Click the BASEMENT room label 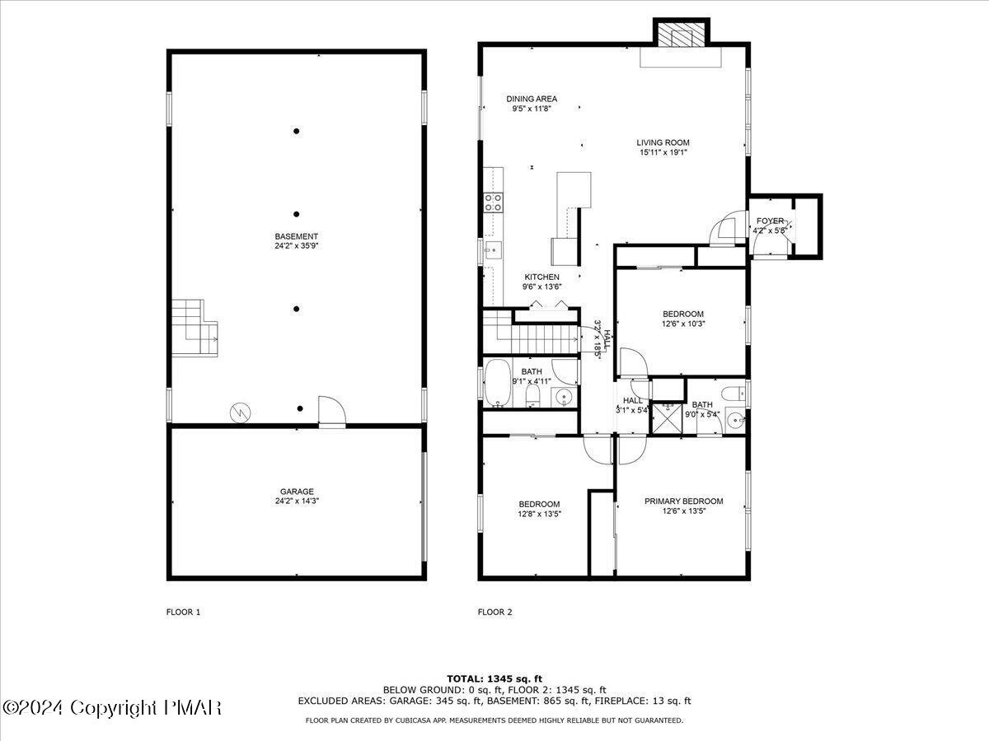coord(296,237)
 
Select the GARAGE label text coord(296,492)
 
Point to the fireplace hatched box coord(681,34)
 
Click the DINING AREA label coord(532,99)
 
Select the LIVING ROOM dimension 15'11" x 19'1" coord(663,152)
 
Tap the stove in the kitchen coord(494,203)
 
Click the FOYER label coord(771,221)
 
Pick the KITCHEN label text coord(541,277)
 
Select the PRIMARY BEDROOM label coord(683,501)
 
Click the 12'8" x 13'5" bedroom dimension coord(539,515)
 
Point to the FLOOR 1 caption coord(183,612)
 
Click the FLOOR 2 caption coord(494,612)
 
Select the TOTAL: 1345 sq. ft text coord(494,678)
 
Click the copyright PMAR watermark coord(112,707)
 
